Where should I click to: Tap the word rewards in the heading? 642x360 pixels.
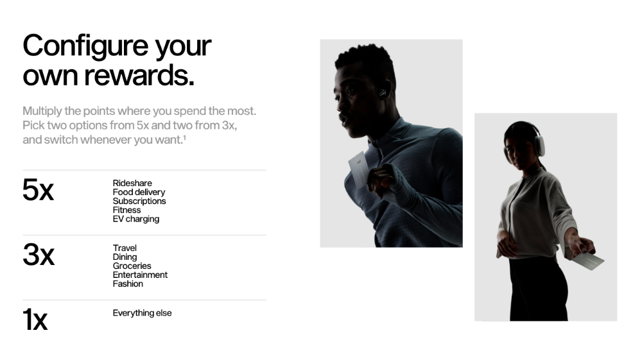point(139,75)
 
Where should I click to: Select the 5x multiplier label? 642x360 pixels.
point(38,190)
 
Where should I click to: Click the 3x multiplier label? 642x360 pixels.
point(38,255)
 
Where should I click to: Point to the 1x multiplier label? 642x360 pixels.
point(35,319)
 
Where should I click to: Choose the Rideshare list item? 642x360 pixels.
point(132,183)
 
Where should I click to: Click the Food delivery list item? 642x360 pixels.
point(139,192)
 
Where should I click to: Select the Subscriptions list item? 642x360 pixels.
point(139,201)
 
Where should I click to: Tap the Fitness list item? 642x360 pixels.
point(126,210)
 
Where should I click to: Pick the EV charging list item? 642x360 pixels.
point(136,219)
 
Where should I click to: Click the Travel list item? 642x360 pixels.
point(125,248)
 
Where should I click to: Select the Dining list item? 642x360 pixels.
point(125,257)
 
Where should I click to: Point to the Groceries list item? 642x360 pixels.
point(132,266)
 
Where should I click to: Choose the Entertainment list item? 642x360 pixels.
point(140,275)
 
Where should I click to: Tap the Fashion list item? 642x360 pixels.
point(128,284)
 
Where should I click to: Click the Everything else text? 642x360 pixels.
point(142,313)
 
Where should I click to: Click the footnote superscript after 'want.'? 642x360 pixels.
point(184,137)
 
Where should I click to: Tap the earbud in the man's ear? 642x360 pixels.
point(383,93)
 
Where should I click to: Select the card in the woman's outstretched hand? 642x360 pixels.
point(588,261)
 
